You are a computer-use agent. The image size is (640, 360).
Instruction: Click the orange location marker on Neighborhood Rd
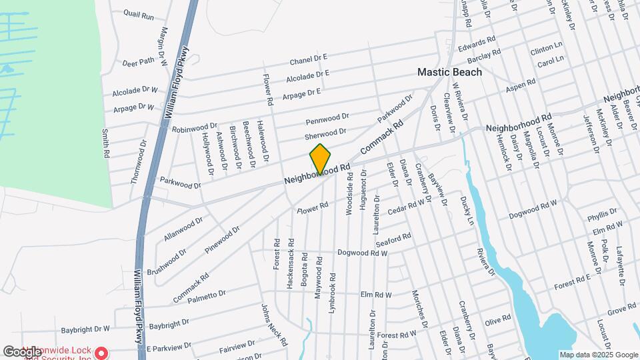tap(320, 159)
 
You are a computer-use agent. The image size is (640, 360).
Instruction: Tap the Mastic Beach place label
tap(449, 72)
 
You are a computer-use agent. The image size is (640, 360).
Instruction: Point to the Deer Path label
tap(139, 61)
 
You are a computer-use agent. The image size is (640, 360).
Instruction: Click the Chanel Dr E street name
tap(309, 61)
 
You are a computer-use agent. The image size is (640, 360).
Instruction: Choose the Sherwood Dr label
tap(326, 134)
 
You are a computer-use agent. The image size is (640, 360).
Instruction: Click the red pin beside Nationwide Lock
tap(101, 351)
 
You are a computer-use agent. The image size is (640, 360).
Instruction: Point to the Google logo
tap(22, 351)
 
